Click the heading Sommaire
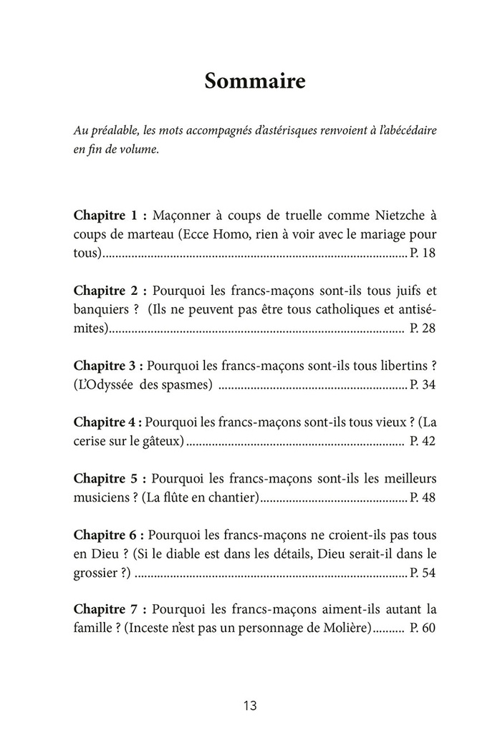click(255, 81)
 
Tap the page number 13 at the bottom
click(249, 705)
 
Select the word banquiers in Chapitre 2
click(102, 310)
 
